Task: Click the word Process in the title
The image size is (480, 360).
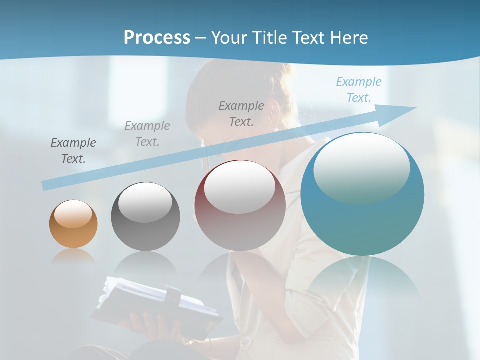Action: coord(157,38)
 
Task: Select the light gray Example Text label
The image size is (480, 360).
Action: coord(147,133)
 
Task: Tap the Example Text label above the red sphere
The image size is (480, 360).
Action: coord(241,113)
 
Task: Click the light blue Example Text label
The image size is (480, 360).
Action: coord(359,90)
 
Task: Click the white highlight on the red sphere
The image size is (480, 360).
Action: coord(240,186)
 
